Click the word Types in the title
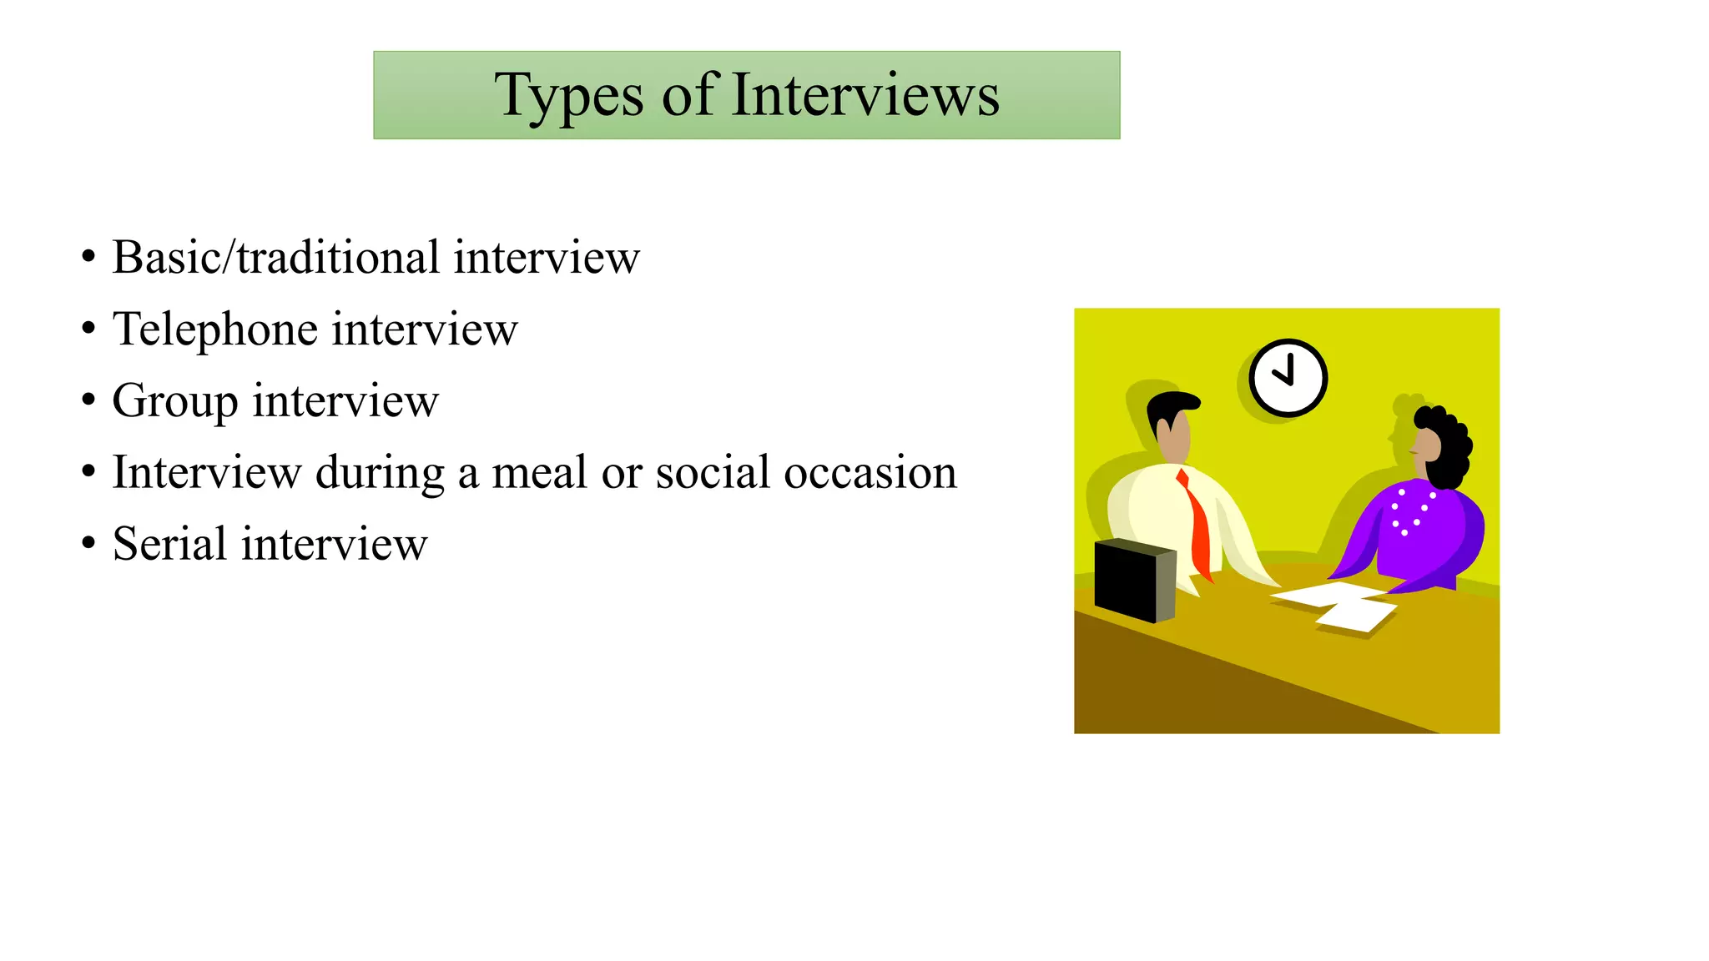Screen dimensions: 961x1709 [568, 96]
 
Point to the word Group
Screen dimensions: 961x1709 [174, 401]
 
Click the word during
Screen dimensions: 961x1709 [380, 473]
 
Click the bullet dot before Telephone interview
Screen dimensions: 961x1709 [88, 329]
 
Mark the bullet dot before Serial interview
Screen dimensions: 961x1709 [88, 544]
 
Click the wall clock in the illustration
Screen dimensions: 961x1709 [1288, 378]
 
